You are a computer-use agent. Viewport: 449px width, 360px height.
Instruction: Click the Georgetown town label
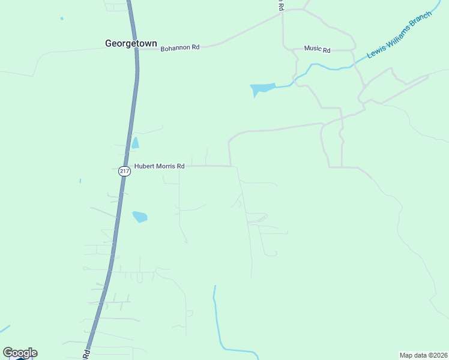click(131, 43)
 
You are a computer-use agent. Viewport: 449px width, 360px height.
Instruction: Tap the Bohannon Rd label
click(179, 47)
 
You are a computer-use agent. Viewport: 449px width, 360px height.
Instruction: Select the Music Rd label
click(317, 49)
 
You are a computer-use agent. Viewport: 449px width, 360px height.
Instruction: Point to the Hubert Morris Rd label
click(158, 166)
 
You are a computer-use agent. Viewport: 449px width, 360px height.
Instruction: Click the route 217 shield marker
click(124, 171)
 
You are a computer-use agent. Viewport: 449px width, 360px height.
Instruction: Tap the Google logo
click(20, 353)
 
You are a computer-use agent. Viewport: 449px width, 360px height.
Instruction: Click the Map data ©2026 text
click(423, 355)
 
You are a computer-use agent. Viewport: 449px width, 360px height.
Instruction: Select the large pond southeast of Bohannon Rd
click(262, 89)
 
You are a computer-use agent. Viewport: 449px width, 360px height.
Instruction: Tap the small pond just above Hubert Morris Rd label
click(135, 143)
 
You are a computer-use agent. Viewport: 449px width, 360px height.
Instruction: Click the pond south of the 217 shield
click(139, 216)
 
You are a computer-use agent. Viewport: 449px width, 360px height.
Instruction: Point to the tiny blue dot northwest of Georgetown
click(62, 19)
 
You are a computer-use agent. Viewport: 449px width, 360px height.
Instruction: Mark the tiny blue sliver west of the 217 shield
click(80, 181)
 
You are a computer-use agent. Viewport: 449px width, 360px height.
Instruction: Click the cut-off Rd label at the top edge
click(280, 5)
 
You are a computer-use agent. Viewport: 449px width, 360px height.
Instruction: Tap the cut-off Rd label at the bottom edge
click(86, 354)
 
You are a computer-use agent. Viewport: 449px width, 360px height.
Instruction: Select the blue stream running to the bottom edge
click(217, 324)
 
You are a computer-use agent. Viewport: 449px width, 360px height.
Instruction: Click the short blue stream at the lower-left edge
click(4, 329)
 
